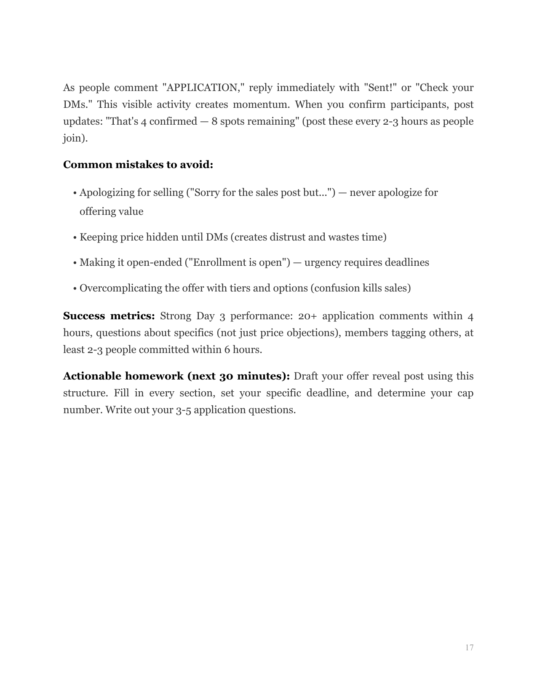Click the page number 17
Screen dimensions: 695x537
point(469,647)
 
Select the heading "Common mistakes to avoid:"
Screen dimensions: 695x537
point(138,165)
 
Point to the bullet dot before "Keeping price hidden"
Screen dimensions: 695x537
point(75,238)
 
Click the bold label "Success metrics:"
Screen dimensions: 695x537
point(109,316)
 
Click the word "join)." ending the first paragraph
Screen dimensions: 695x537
point(75,138)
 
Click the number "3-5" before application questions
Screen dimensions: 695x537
point(183,410)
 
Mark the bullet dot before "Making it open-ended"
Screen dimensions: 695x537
point(75,263)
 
